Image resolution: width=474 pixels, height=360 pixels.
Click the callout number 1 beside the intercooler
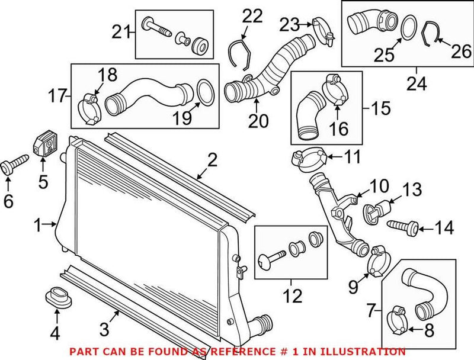[x=37, y=225]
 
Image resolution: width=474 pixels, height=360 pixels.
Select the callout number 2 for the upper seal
[x=212, y=160]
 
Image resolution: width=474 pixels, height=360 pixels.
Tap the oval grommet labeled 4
[x=59, y=298]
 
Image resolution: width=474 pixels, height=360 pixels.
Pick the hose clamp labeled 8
[x=396, y=320]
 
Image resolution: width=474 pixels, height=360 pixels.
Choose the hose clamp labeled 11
[x=309, y=159]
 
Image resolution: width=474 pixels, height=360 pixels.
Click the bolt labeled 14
[x=404, y=226]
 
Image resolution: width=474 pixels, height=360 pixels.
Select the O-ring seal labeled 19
[x=203, y=94]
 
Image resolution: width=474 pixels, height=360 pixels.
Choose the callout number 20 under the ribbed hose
[x=258, y=121]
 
